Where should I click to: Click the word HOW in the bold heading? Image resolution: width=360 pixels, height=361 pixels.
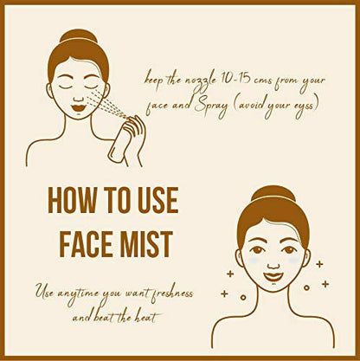(72, 200)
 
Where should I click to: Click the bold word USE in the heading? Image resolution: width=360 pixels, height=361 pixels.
(158, 200)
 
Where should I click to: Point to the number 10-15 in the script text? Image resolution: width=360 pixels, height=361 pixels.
(233, 79)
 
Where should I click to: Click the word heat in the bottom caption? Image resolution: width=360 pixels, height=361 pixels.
(145, 318)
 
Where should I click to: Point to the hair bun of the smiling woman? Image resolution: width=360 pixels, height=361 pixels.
(273, 193)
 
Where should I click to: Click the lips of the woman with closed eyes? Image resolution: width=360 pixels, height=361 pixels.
(78, 108)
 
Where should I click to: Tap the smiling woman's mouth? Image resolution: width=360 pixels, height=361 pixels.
(273, 277)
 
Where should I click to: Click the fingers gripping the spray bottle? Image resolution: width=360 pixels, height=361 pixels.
(135, 128)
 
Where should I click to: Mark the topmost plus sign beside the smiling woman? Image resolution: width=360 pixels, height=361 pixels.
(319, 264)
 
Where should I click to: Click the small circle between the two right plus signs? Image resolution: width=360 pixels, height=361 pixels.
(306, 287)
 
